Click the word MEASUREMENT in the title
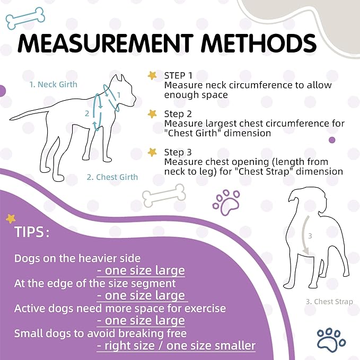tap(109, 43)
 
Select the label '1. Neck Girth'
tap(53, 84)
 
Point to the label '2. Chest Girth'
tap(112, 177)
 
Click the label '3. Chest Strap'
tap(329, 302)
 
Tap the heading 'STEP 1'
tap(178, 75)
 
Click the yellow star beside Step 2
tap(153, 114)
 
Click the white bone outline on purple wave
tap(164, 196)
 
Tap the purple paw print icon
tap(225, 201)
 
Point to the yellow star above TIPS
tap(11, 218)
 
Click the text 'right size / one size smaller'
tap(175, 346)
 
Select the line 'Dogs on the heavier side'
tap(77, 258)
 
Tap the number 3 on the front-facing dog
tap(311, 235)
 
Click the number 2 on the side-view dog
tap(87, 113)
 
